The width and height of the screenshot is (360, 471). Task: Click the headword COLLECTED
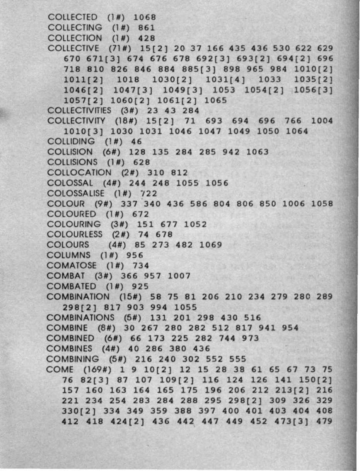(x=73, y=17)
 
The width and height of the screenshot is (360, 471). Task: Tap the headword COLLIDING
(x=72, y=142)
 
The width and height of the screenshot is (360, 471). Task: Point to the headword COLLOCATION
(x=79, y=172)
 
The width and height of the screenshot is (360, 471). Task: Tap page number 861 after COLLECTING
(x=146, y=27)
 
